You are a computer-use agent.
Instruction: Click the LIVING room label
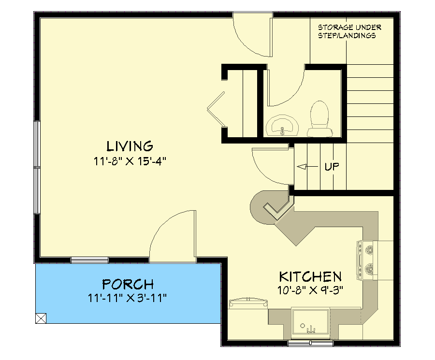click(x=130, y=145)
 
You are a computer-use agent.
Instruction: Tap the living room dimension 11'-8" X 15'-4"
click(x=130, y=161)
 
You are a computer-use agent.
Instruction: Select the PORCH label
click(x=128, y=284)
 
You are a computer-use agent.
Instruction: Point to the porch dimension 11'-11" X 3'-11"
click(x=128, y=298)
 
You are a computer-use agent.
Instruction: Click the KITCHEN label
click(x=310, y=277)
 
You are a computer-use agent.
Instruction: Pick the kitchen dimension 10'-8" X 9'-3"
click(x=310, y=291)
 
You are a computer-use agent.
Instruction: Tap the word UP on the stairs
click(x=332, y=167)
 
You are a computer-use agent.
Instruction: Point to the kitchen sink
click(x=309, y=323)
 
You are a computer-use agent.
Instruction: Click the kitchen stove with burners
click(x=367, y=260)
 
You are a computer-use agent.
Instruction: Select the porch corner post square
click(x=41, y=317)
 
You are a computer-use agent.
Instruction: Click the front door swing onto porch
click(x=173, y=237)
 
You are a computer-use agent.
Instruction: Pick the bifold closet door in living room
click(x=216, y=110)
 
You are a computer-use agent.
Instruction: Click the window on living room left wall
click(x=37, y=167)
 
